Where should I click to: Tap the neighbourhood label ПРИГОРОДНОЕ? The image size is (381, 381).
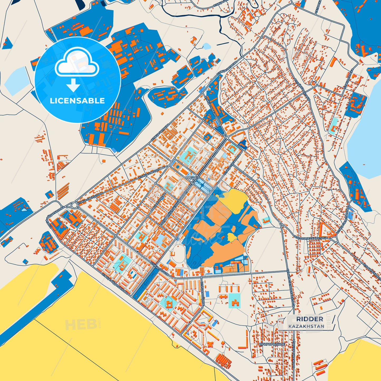coord(272,344)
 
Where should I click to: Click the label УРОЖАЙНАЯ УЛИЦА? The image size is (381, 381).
coord(293,353)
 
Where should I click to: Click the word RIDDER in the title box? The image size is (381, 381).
coord(310,319)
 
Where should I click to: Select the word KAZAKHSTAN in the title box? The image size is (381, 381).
coord(306,326)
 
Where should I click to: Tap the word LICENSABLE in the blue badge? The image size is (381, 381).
coord(77,101)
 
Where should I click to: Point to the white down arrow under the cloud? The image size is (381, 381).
coord(73,85)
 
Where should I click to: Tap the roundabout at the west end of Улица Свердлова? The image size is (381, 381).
coord(74,205)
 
